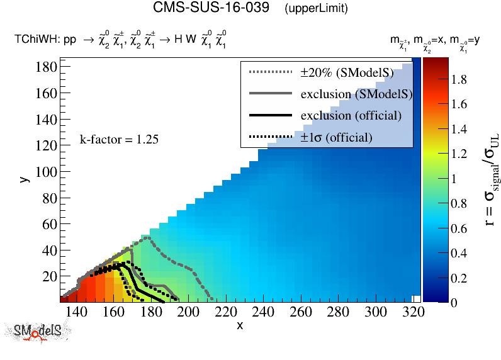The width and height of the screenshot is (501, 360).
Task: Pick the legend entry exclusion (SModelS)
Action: tap(356, 94)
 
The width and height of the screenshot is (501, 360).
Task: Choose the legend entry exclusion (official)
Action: tap(351, 116)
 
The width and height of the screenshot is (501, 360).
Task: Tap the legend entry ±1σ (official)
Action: tap(336, 137)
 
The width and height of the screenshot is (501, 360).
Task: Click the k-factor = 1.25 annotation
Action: tap(118, 140)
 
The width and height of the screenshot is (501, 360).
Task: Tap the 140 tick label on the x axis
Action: tap(76, 312)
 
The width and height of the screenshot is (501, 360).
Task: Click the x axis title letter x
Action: tap(240, 325)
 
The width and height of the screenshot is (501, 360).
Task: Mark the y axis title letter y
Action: tap(23, 179)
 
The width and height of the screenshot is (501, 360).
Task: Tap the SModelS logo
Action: tap(38, 332)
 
